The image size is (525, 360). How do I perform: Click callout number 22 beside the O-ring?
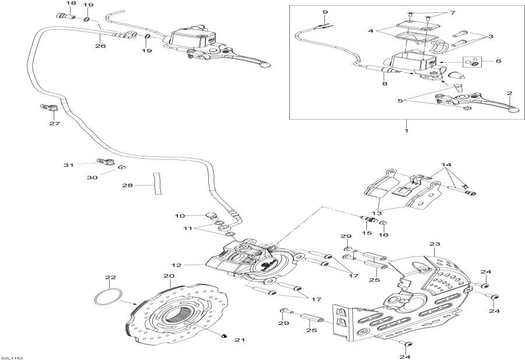pos(111,277)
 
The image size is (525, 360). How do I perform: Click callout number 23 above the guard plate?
pos(433,244)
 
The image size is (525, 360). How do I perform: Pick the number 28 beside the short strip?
pos(127,186)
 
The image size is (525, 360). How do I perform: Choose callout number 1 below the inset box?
pos(406,130)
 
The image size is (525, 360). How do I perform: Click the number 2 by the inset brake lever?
pos(509,93)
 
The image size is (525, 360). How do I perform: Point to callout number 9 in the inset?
pos(324,12)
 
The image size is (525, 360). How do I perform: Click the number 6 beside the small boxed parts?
pos(498,61)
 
